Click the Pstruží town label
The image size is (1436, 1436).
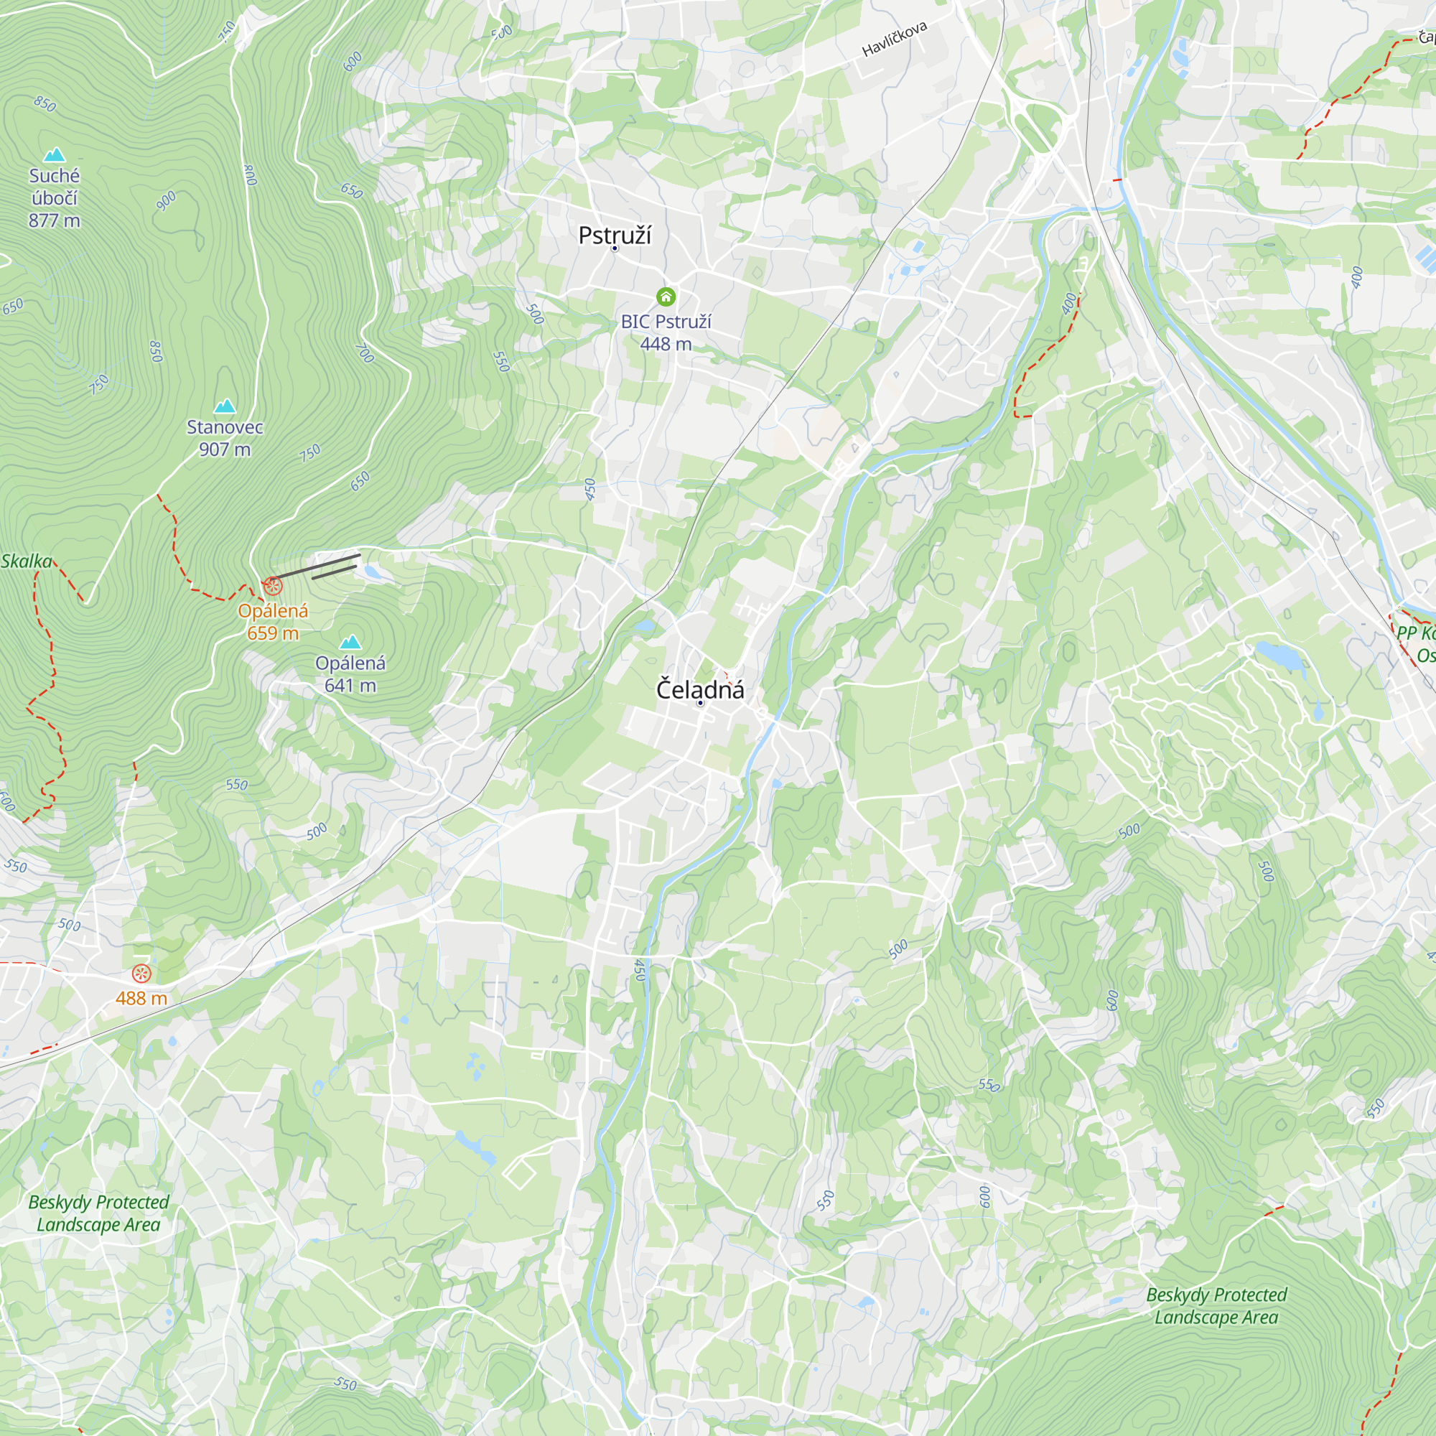(614, 235)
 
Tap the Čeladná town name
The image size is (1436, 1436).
(699, 689)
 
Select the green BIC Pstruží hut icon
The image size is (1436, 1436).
(666, 297)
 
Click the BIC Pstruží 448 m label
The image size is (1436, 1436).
(666, 332)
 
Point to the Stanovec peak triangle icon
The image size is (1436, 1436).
(225, 406)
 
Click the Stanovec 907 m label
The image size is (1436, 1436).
(225, 438)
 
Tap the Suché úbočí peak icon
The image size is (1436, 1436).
(55, 154)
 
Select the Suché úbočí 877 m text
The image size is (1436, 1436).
(55, 197)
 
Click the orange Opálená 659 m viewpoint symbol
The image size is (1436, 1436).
(273, 586)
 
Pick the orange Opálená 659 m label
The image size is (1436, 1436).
(273, 621)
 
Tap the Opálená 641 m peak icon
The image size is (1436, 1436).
(350, 641)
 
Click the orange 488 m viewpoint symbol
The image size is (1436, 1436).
(141, 973)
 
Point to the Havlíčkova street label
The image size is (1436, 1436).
(894, 39)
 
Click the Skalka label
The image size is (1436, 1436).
(26, 561)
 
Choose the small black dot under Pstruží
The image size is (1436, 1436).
(615, 248)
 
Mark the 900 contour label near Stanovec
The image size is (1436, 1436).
(166, 201)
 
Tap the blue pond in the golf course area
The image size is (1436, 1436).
(1280, 656)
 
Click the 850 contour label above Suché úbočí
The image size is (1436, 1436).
(45, 104)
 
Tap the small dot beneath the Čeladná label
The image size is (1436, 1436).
(700, 702)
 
